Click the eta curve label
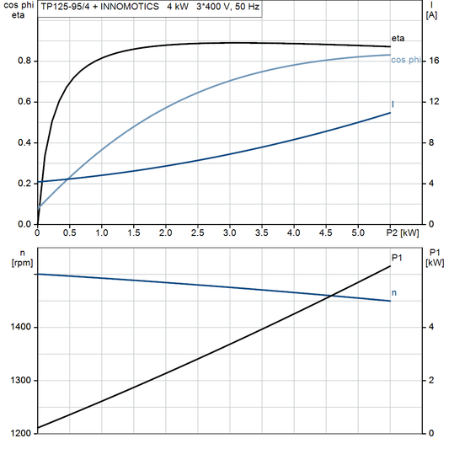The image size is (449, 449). pos(398,38)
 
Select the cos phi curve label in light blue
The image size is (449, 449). pos(406,59)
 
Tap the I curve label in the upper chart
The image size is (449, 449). pos(393,104)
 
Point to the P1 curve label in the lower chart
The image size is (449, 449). pos(397,258)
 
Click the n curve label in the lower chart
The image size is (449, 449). pos(395,293)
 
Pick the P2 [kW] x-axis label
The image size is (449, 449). pos(403,232)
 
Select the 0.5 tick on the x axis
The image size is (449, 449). pos(69,232)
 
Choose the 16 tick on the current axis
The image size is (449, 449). pos(431,61)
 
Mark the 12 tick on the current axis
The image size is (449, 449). pos(431,102)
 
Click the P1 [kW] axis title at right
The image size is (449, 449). pos(435,257)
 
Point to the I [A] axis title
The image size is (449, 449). pos(431,10)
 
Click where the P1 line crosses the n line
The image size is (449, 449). pos(333,295)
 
